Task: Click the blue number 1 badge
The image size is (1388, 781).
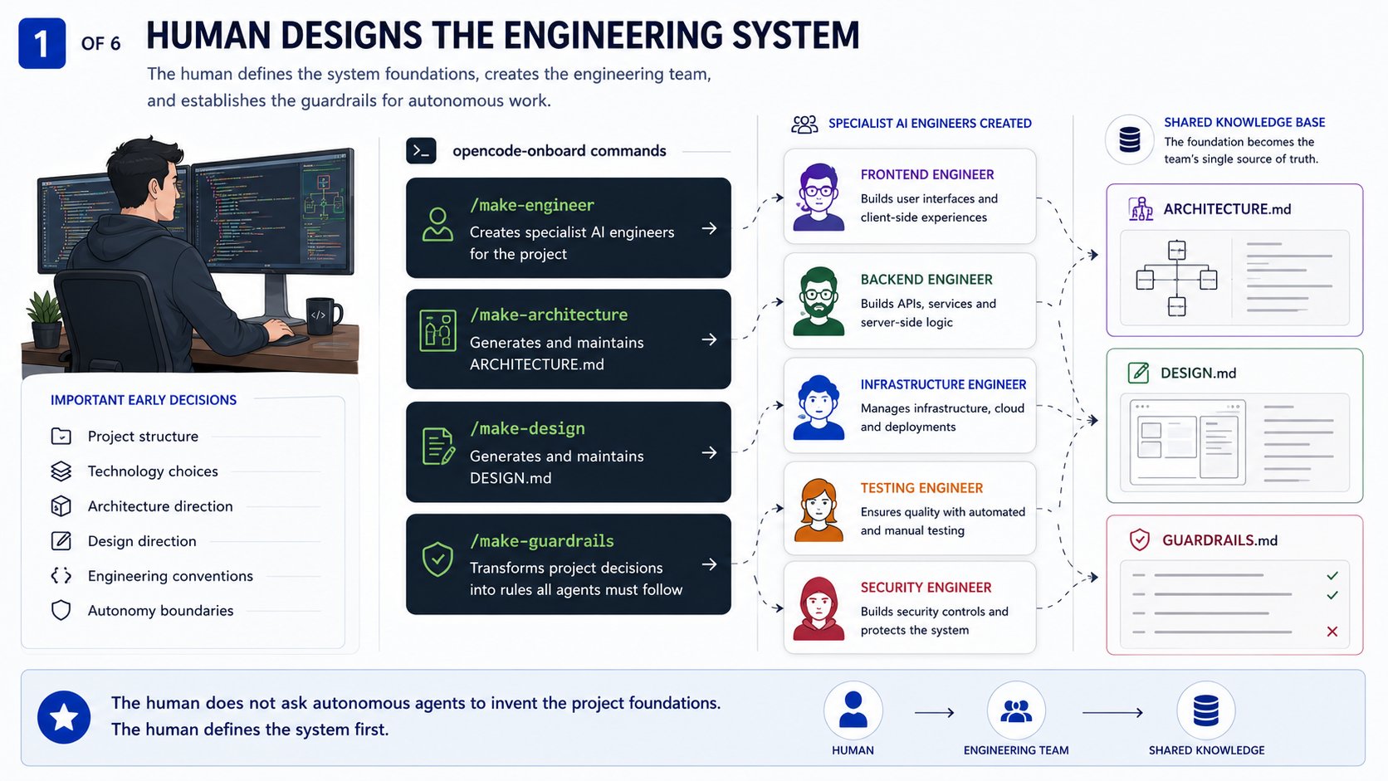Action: coord(42,42)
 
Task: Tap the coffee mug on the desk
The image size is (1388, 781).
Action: coord(323,316)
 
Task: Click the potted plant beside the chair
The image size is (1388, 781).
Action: coord(45,319)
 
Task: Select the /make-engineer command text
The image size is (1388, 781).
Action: coord(531,205)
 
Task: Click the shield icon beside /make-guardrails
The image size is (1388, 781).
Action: coord(437,559)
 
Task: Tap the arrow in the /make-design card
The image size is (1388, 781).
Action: coord(710,452)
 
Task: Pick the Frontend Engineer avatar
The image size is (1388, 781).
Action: coord(819,197)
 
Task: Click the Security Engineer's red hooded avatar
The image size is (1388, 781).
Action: coord(819,608)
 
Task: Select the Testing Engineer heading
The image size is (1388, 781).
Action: coord(921,488)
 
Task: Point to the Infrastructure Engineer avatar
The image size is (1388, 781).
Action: coord(819,407)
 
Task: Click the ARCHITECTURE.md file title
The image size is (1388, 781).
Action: coord(1227,209)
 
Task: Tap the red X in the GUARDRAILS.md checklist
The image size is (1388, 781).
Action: coord(1332,632)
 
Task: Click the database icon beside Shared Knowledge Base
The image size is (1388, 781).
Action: coord(1130,140)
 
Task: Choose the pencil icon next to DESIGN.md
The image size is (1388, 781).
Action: coord(1138,373)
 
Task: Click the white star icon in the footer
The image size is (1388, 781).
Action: coord(64,717)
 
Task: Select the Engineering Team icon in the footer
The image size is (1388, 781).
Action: coord(1016,710)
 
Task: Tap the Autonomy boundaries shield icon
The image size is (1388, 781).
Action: coord(61,611)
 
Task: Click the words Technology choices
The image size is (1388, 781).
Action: coord(153,471)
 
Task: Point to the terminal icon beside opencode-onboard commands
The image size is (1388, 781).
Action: coord(422,151)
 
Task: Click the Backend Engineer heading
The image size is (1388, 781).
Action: coord(926,280)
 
